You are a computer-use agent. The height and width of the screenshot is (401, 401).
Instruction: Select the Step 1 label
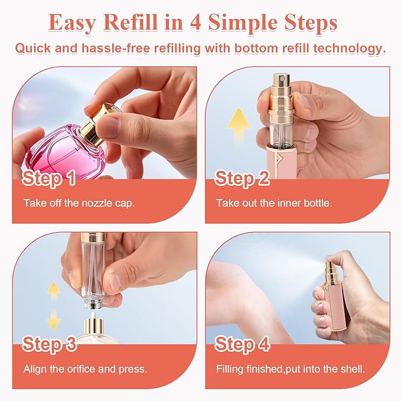click(x=50, y=177)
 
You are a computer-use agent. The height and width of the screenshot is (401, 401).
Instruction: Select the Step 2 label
click(x=242, y=177)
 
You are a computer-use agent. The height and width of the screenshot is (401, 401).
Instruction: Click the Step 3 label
click(x=50, y=344)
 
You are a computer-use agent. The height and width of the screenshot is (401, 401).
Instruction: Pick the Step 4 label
click(x=242, y=344)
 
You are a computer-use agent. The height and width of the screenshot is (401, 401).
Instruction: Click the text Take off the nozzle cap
click(x=79, y=203)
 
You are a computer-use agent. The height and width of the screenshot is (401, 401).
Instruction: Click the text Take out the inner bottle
click(x=274, y=203)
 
